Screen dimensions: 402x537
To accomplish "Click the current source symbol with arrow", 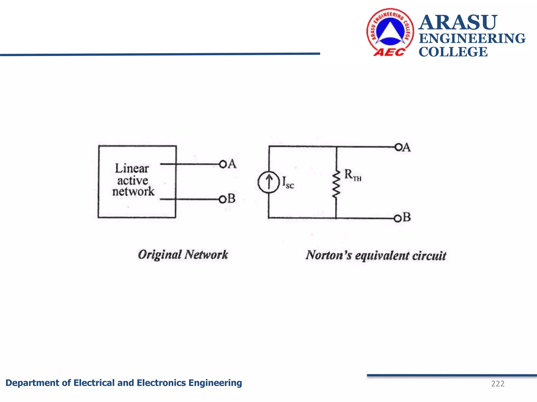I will (x=268, y=182).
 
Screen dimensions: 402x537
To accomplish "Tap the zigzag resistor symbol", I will (x=336, y=184).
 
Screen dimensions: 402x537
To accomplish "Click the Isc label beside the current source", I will (x=288, y=182).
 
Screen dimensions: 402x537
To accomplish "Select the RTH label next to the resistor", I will (x=352, y=175).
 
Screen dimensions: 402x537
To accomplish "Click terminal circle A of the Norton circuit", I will (x=398, y=147).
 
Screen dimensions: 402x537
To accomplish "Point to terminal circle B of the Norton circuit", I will (x=398, y=219).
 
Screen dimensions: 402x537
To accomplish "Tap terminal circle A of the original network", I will (x=223, y=164).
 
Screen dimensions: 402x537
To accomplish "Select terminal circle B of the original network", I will (x=222, y=200).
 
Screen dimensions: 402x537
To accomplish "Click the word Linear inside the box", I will (x=132, y=168).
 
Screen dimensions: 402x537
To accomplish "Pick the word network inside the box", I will (x=133, y=192).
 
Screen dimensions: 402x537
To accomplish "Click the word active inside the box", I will (x=133, y=180).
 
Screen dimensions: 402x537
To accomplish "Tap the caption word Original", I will (x=160, y=255).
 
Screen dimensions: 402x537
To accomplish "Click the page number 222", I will (x=498, y=384).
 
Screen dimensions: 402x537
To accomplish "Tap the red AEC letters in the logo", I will (x=389, y=52).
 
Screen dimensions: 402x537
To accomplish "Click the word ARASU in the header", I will (x=458, y=23).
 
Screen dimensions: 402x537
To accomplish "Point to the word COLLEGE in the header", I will (x=453, y=52).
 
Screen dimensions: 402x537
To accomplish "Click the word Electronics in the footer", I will (x=161, y=383).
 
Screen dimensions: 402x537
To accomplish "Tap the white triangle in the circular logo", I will (x=390, y=31).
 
